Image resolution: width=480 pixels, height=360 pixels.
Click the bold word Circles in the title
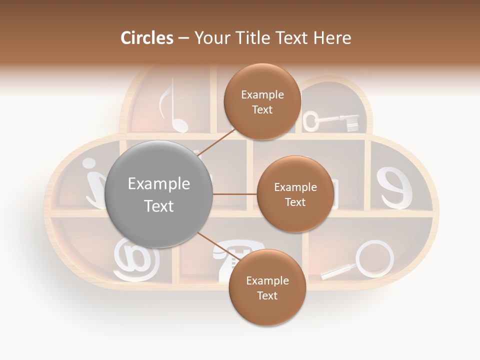146,38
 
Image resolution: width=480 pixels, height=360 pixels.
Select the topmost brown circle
262,101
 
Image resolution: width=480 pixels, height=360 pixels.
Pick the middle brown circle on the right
295,194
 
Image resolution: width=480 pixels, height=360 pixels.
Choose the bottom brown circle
267,287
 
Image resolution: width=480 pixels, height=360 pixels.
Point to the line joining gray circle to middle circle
234,194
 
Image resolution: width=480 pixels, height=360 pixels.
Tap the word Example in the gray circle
159,184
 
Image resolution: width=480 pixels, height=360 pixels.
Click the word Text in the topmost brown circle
262,109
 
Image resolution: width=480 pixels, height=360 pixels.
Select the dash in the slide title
183,38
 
